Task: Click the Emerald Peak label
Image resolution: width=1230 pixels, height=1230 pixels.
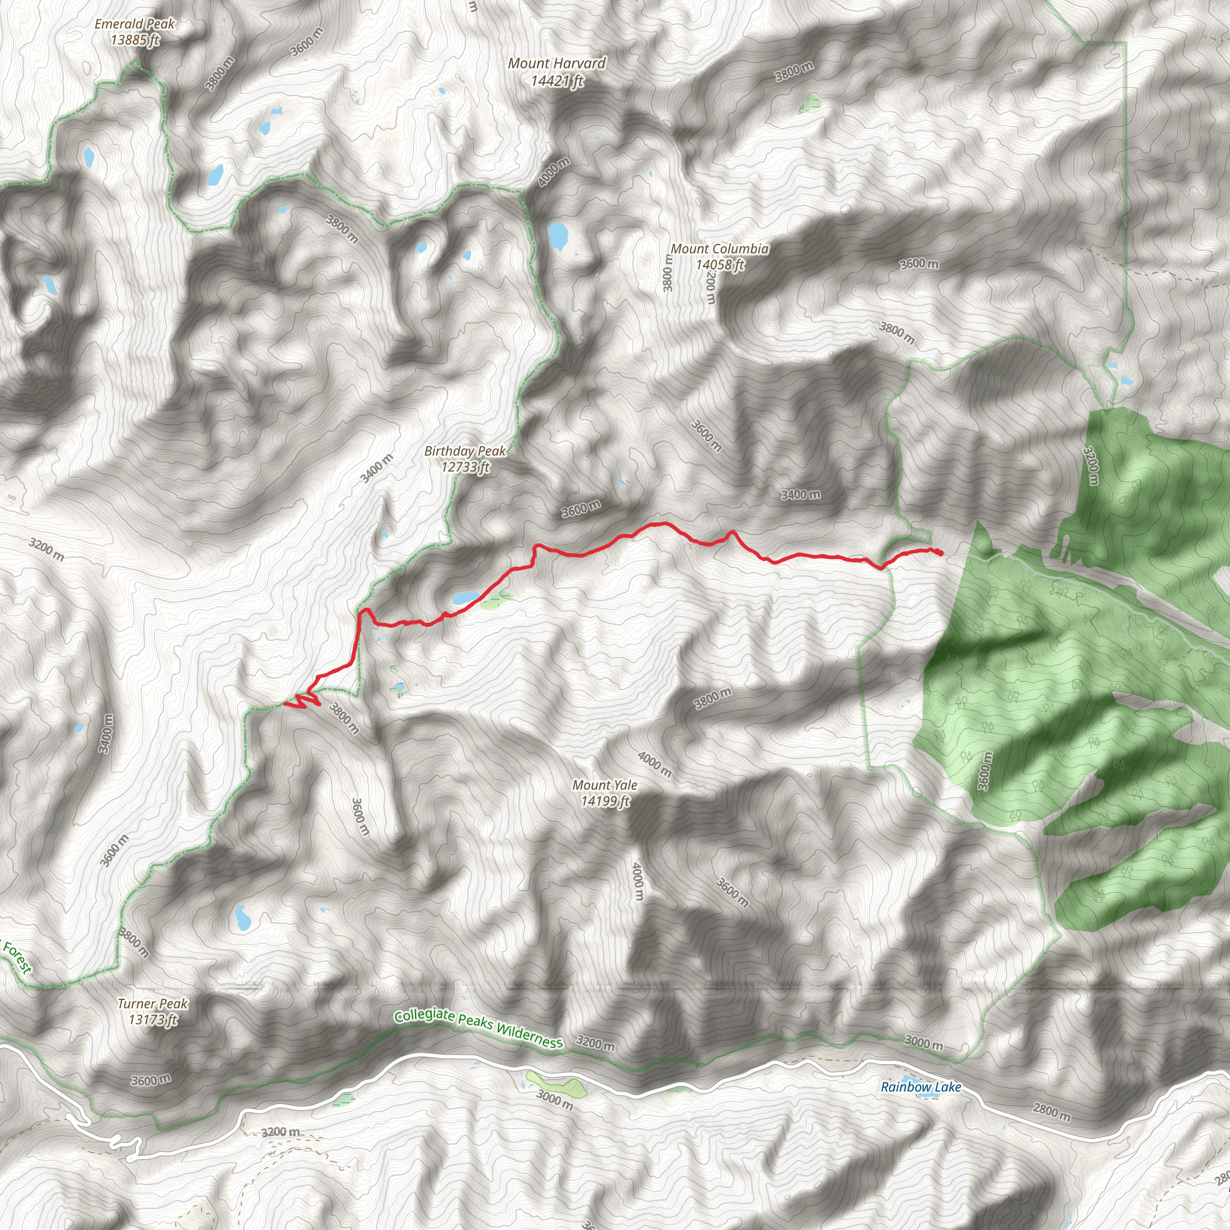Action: (x=135, y=32)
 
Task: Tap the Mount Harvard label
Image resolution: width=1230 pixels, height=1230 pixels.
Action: (x=557, y=72)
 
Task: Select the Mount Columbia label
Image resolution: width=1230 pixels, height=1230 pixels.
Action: (x=720, y=256)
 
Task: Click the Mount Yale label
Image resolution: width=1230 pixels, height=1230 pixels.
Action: (x=605, y=793)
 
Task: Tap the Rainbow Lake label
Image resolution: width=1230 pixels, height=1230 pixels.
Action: (x=921, y=1086)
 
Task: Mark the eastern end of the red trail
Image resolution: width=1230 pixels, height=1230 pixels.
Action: (x=941, y=553)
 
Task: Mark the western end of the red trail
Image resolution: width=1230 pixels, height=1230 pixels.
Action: (x=285, y=704)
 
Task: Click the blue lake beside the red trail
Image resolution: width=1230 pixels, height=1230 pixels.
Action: (x=466, y=597)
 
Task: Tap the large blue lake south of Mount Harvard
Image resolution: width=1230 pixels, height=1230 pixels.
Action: (x=558, y=236)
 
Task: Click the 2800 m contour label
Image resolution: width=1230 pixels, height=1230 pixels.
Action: (x=1052, y=1112)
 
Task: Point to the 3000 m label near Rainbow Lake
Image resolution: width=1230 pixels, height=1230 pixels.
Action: (x=924, y=1043)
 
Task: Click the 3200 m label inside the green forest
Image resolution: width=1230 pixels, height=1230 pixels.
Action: (x=1091, y=465)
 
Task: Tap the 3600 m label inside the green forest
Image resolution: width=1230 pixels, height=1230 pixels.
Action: (x=984, y=771)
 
